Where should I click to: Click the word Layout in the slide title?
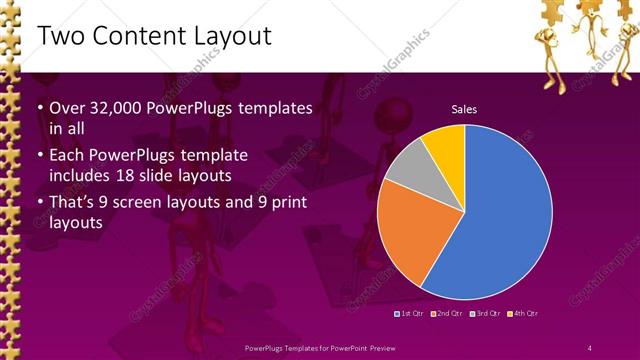coord(233,36)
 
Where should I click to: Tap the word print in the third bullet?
coord(289,203)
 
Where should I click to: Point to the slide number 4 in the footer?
coord(590,347)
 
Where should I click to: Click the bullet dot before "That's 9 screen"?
coord(39,204)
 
